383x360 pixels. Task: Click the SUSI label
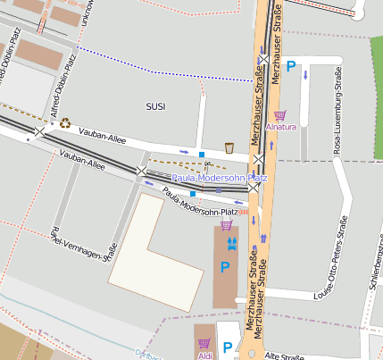[155, 106]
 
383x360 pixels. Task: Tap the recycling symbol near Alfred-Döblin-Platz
[65, 123]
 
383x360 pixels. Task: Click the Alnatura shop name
[280, 127]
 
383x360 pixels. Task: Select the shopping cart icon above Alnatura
[279, 115]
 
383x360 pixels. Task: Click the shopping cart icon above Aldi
[204, 343]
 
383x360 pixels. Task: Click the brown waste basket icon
[229, 147]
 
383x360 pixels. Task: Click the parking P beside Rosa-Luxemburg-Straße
[291, 65]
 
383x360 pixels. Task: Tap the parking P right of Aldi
[227, 348]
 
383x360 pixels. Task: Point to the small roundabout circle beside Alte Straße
[252, 354]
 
